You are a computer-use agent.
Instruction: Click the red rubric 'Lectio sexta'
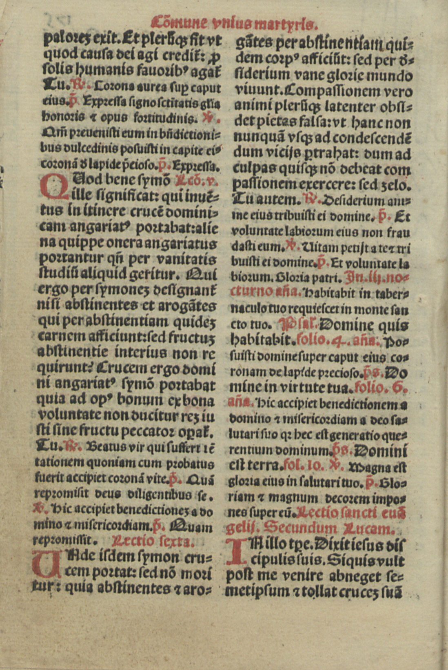tap(153, 541)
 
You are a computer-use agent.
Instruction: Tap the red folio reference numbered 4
tap(317, 340)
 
